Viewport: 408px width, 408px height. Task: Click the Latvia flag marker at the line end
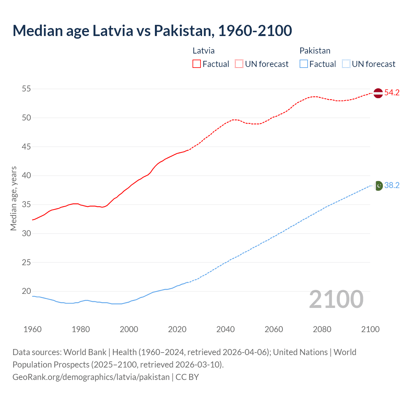point(378,93)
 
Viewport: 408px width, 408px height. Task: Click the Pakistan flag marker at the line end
point(378,186)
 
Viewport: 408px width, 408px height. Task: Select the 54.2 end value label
point(392,93)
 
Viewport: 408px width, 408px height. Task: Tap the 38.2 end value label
point(392,186)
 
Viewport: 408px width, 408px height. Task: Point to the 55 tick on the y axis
point(26,89)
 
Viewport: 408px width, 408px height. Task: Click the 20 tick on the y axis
point(26,291)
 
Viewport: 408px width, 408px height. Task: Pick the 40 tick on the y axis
point(26,175)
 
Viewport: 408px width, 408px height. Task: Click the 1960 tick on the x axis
point(33,329)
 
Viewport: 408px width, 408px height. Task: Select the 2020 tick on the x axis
point(177,329)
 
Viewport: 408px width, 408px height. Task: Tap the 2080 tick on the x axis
point(322,329)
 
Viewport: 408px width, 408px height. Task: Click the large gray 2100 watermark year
point(336,299)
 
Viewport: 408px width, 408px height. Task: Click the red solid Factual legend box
point(197,64)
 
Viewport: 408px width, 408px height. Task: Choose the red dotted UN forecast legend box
point(239,64)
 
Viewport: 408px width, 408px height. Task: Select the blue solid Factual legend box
point(303,64)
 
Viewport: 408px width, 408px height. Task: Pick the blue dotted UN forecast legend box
point(346,64)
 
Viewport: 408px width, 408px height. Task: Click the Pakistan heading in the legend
point(315,51)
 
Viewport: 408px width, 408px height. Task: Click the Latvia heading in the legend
point(203,51)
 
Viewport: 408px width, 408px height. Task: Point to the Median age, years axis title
point(13,198)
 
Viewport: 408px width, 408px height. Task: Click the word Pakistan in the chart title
point(182,31)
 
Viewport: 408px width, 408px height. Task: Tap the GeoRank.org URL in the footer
point(91,377)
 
